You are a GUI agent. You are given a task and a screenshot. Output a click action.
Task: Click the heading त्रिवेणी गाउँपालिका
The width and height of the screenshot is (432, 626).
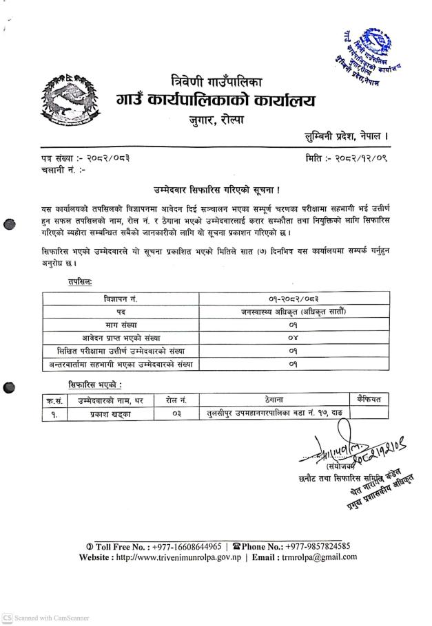coord(216,80)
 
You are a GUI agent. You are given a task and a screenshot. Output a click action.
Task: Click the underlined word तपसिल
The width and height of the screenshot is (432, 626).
coord(81,281)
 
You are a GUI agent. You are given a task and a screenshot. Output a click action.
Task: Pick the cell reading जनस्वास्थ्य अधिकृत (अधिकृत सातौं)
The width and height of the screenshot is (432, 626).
coord(294,311)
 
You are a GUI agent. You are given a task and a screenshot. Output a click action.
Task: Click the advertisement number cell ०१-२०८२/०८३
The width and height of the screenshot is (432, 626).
coord(294,298)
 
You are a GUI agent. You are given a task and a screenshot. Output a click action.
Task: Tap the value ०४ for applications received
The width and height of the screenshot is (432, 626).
coord(294,337)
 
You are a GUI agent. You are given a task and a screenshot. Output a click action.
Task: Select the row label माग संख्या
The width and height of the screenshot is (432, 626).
coord(120,324)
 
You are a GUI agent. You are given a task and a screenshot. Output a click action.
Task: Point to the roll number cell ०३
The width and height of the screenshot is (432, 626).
coord(176,414)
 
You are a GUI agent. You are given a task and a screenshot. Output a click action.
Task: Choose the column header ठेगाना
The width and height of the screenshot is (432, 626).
coord(274,400)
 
